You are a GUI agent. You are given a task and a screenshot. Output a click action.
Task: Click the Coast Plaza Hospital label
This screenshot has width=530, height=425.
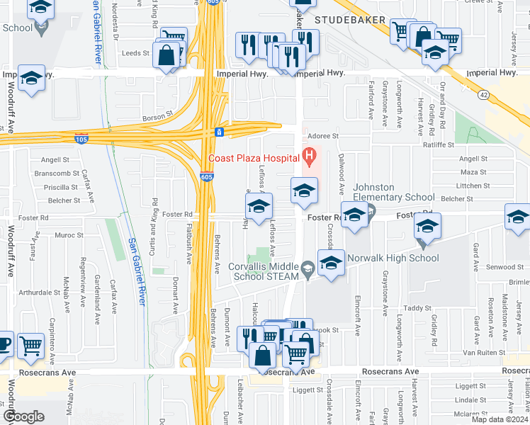[x=252, y=158]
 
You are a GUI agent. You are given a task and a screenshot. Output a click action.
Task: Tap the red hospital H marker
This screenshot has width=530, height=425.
[x=309, y=154]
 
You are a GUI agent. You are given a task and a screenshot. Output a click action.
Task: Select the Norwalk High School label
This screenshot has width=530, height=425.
[x=393, y=259]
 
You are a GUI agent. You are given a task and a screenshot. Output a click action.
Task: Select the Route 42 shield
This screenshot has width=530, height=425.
[x=483, y=93]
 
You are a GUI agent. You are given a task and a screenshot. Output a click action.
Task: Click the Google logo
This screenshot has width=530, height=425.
[x=23, y=416]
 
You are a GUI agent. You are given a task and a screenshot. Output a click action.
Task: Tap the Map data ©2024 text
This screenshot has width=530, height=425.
[x=500, y=419]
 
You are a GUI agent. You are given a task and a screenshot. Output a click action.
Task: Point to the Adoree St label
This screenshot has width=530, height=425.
[x=322, y=135]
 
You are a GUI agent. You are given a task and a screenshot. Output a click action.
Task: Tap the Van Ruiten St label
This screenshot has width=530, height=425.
[x=484, y=352]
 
